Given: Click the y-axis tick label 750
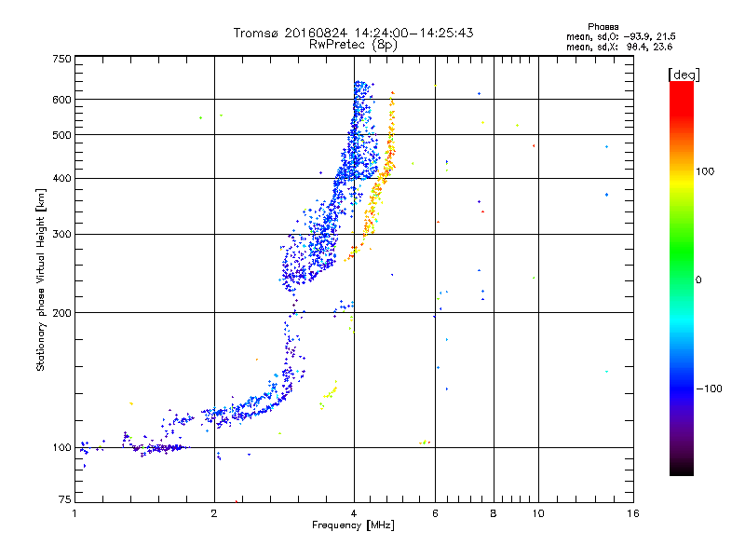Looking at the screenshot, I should click(x=61, y=59).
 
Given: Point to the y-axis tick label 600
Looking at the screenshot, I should click(x=61, y=100).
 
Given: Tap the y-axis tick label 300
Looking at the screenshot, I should click(x=61, y=235).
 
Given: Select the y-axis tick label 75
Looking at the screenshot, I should click(x=64, y=500).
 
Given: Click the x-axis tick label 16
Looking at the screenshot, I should click(x=633, y=512).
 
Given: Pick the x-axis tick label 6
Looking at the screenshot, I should click(x=436, y=512).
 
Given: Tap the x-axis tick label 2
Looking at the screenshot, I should click(x=214, y=512).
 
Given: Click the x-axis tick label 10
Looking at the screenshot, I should click(x=537, y=512).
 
